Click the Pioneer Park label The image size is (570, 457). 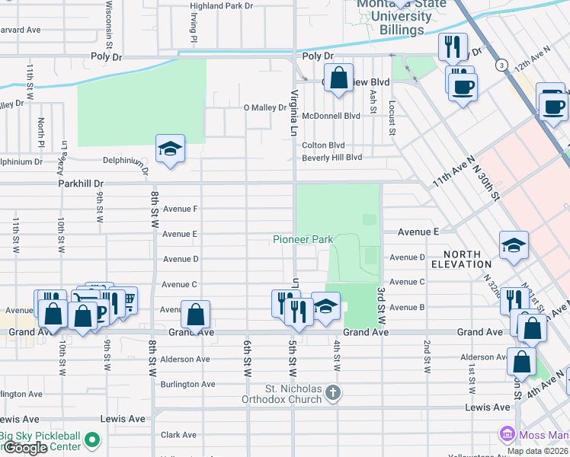point(303,239)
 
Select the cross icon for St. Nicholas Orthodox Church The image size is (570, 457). point(331,392)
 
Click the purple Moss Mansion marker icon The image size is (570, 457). point(508,434)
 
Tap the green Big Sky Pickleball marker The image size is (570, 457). point(92,439)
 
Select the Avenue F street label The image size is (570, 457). point(180,209)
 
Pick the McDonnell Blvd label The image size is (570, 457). point(331,117)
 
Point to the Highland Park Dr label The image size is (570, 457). point(221,6)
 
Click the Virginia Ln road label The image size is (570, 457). point(293,110)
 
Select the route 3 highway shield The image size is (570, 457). point(501,66)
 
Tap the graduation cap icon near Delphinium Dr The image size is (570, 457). point(171,149)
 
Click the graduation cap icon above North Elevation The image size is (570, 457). point(514,245)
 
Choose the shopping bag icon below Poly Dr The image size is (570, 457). point(339,78)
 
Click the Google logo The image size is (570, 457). point(24,449)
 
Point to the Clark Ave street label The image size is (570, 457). point(178,435)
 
